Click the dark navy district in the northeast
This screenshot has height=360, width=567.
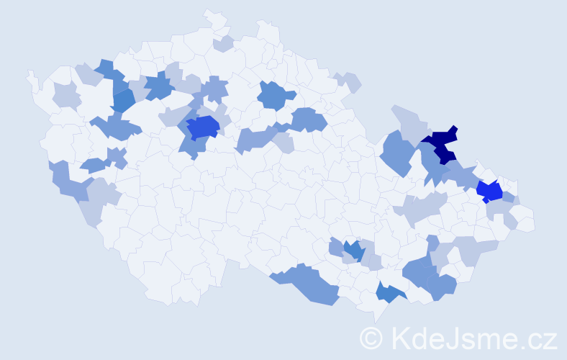tap(443, 144)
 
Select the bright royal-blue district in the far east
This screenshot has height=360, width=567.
tap(491, 192)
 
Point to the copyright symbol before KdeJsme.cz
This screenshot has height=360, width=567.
tap(372, 338)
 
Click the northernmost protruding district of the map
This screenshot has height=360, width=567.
tap(213, 19)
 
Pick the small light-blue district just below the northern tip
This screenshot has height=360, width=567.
tap(223, 44)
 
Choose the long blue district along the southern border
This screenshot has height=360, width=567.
tap(309, 284)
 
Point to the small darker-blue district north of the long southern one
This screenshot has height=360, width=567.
tap(352, 251)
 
